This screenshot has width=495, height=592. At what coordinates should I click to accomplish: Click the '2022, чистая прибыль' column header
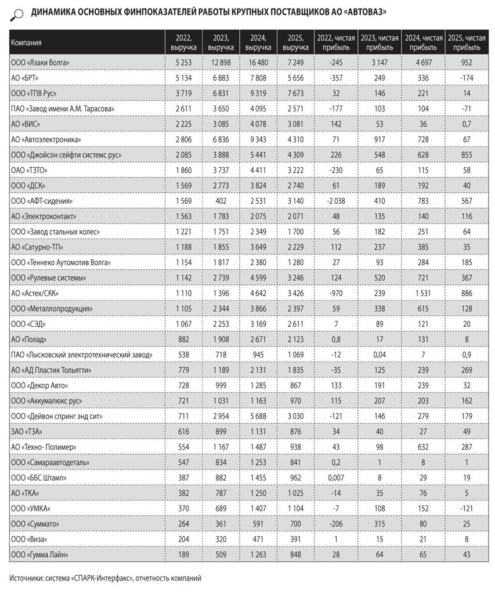334,42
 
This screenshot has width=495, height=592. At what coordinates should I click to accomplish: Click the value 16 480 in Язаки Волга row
258,62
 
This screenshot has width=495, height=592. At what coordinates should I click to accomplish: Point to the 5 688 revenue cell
258,416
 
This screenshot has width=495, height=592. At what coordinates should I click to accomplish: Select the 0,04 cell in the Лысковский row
378,355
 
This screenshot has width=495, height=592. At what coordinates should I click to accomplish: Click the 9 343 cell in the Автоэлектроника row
258,139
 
